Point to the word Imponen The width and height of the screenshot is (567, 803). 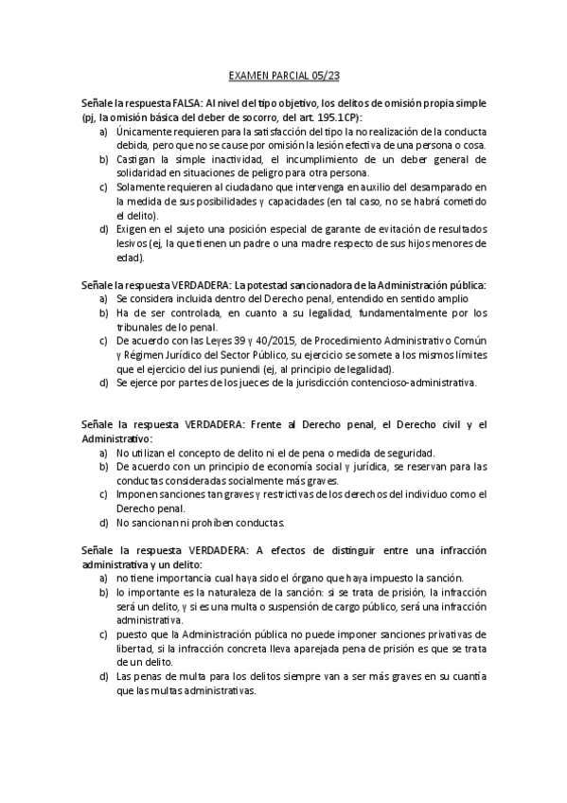138,494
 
